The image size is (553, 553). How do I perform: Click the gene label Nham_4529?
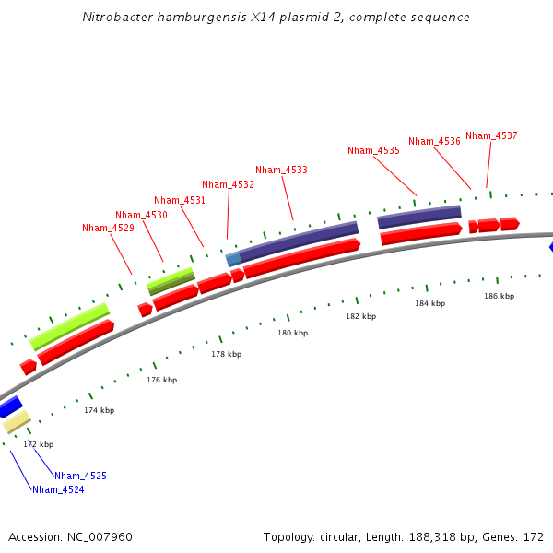[x=108, y=228]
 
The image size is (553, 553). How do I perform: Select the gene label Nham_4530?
[x=141, y=215]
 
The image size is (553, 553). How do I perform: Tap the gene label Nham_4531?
[x=180, y=200]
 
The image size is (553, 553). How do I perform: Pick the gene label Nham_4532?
[x=228, y=184]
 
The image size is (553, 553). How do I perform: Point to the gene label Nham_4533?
[x=281, y=170]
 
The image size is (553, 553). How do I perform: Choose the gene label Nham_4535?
[x=373, y=150]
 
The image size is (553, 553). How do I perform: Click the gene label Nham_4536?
[x=434, y=141]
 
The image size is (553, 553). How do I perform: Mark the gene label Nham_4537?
[x=491, y=135]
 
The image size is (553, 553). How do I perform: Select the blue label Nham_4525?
[x=80, y=476]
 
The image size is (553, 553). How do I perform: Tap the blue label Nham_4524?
[x=58, y=489]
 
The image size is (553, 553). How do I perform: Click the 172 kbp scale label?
[x=39, y=444]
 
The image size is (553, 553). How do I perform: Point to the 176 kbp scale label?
[x=161, y=380]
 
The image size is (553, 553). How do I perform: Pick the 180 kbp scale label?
[x=292, y=333]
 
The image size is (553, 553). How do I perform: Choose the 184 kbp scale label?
[x=429, y=303]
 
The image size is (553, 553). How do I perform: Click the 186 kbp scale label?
[x=499, y=296]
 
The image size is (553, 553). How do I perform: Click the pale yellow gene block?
[x=17, y=422]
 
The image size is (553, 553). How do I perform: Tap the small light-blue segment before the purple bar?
[x=233, y=259]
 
